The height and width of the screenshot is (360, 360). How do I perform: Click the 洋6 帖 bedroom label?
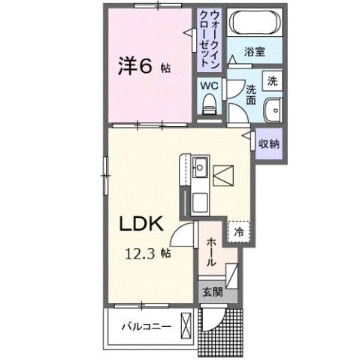point(143,66)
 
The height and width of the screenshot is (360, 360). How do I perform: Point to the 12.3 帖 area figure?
point(148,253)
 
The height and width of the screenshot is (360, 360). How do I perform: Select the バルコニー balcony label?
point(149,328)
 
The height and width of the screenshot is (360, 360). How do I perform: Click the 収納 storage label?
point(270,144)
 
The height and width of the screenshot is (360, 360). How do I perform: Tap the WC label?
point(208,84)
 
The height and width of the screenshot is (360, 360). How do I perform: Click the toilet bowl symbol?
point(210,104)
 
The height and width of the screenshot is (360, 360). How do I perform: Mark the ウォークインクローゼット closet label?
point(207,39)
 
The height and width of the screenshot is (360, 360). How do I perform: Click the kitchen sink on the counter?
point(201,169)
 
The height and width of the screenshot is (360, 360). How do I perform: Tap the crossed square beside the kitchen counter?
point(223,177)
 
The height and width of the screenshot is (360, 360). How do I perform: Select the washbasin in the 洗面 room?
point(271,110)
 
